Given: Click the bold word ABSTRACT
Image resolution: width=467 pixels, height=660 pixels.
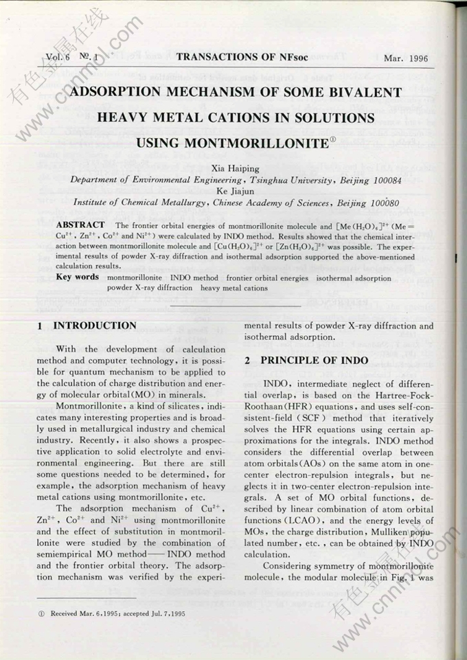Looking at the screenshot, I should pyautogui.click(x=80, y=225).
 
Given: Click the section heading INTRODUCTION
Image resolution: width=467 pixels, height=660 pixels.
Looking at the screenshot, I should pyautogui.click(x=95, y=326).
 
